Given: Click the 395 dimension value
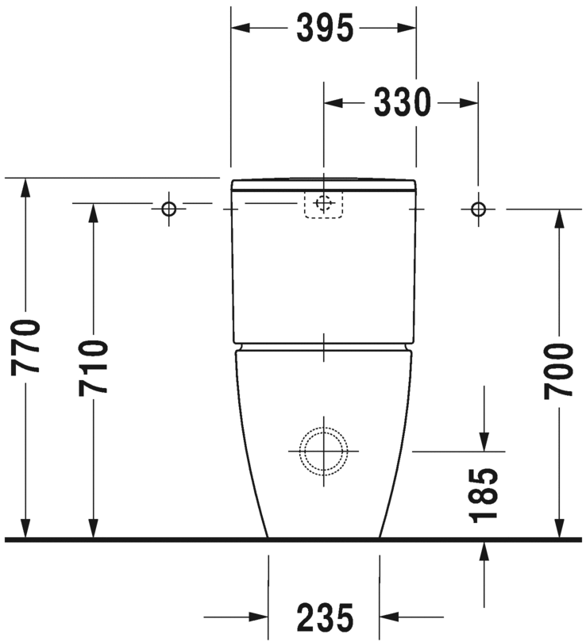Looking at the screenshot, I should coord(324,29).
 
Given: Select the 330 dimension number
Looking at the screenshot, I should coord(402,102).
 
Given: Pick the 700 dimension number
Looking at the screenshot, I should coord(559,371).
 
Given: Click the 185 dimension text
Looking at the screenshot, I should coord(484,495).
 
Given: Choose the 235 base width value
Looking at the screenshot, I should coord(324,617).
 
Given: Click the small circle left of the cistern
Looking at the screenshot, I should coord(168,209).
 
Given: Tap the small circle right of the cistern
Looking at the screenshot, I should coord(477,209).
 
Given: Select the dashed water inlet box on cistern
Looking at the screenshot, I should coord(323,204).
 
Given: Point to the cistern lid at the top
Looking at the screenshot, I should coord(323,186).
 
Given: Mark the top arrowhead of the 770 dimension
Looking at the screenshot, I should coord(27,187).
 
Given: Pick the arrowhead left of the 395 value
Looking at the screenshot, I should coord(241,29).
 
